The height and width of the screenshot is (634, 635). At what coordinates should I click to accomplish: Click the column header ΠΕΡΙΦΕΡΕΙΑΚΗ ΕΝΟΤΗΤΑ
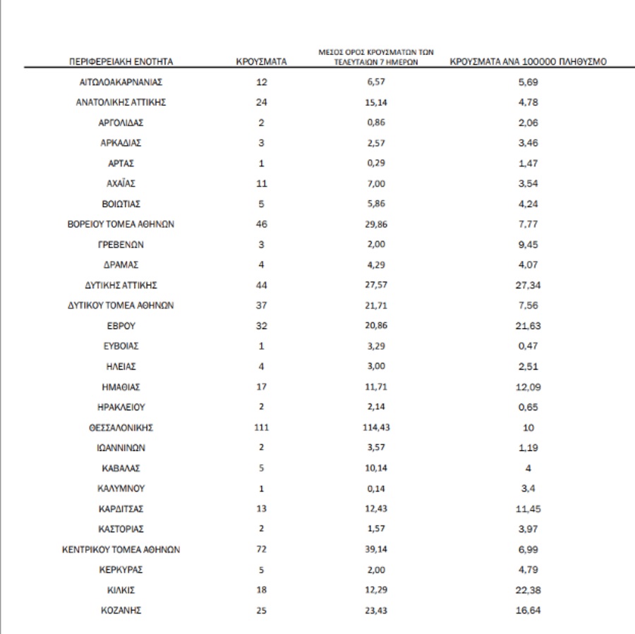tap(121, 62)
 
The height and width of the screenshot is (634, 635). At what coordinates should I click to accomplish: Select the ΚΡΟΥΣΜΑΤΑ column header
tap(261, 62)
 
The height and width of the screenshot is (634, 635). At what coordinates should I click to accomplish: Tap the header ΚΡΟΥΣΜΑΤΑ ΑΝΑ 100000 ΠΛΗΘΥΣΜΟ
tap(528, 62)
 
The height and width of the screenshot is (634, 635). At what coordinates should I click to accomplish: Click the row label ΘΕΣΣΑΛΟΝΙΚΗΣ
tap(121, 427)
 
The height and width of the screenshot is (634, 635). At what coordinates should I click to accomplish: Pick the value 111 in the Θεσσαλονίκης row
tap(261, 427)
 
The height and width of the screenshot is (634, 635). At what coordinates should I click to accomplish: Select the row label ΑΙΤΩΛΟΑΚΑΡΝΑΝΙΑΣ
tap(121, 83)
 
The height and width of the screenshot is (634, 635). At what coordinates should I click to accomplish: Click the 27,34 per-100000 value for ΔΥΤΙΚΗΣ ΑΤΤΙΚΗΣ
tap(528, 285)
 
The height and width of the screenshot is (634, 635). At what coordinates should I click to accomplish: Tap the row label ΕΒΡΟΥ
tap(121, 326)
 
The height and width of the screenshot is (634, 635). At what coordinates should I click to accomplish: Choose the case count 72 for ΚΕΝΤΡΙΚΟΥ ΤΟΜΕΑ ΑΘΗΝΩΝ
tap(261, 549)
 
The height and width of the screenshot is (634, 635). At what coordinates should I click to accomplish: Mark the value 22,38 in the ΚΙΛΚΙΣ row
tap(528, 590)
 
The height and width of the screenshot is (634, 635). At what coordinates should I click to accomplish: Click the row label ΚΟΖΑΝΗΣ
tap(121, 611)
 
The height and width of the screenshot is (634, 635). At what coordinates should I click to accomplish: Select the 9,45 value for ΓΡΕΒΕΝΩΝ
tap(528, 245)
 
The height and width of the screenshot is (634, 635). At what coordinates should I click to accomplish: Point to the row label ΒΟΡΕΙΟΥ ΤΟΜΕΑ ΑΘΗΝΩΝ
tap(121, 224)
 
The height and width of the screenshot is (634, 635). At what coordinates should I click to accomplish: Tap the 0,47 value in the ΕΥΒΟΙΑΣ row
tap(528, 346)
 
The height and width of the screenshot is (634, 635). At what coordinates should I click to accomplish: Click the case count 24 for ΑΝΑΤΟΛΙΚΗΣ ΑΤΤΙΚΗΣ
tap(261, 102)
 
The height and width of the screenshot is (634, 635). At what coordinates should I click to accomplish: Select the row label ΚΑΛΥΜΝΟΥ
tap(121, 488)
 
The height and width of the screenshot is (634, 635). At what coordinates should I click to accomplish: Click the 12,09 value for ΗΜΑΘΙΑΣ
tap(528, 387)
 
